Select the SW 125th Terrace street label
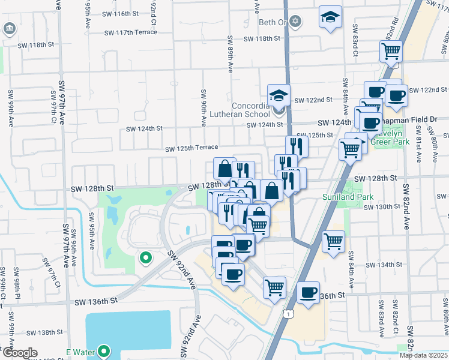191,148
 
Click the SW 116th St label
120,13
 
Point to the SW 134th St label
384,265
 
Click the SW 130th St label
382,206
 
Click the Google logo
20,353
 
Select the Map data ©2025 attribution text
423,355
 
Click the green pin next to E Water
104,350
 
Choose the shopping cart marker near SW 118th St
391,52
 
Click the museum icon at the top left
10,28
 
